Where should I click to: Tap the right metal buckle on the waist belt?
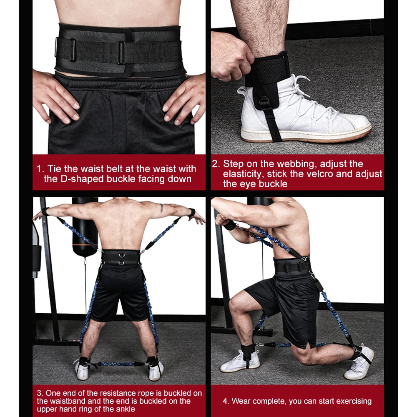point(121,52)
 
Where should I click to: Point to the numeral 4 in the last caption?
point(225,401)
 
